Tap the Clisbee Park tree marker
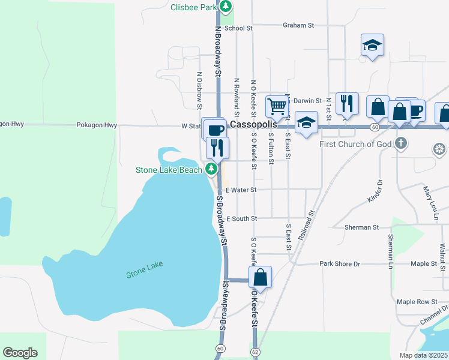coord(225,7)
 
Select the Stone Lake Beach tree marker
coord(211,170)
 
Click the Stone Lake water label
coord(144,270)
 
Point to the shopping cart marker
coord(277,106)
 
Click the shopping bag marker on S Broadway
coord(260,277)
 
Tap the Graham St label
coord(299,25)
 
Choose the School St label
coord(238,28)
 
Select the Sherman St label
coord(362,228)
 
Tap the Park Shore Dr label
coord(340,263)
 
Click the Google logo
coord(20,353)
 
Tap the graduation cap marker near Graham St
coord(372,45)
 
